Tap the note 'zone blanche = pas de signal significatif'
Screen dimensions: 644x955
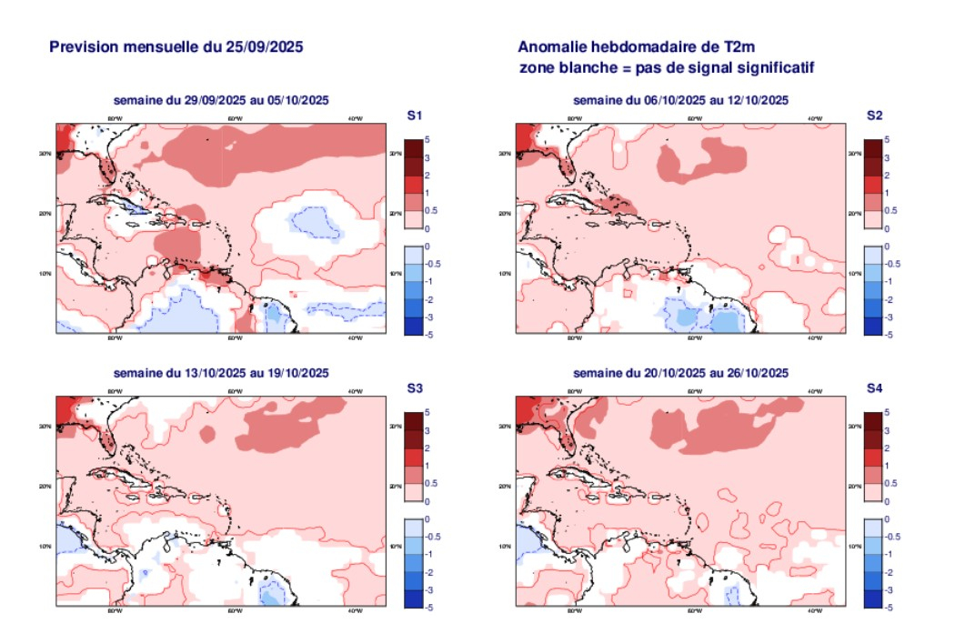pos(666,67)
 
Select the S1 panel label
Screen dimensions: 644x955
pos(414,116)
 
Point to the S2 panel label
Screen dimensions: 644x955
pos(874,116)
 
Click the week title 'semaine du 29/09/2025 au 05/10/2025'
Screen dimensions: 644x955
pos(221,100)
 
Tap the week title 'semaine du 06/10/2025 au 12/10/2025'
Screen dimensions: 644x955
pos(680,100)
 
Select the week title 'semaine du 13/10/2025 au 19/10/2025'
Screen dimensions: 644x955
pos(221,373)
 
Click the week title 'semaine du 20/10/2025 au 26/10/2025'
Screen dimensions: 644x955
pos(680,373)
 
